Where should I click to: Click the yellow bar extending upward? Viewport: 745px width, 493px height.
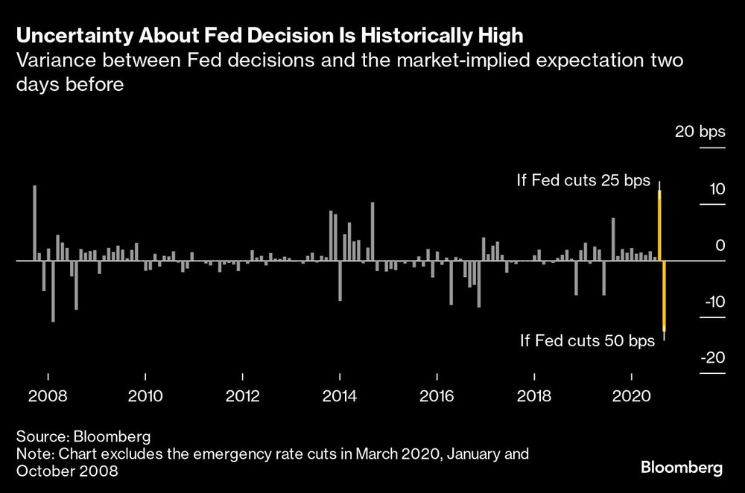coord(659,225)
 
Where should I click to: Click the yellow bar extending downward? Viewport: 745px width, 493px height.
coord(664,296)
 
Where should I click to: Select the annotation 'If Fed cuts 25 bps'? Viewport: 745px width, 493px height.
coord(583,181)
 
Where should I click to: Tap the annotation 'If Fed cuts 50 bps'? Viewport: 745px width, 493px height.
coord(587,341)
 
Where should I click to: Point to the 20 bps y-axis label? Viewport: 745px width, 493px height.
coord(700,133)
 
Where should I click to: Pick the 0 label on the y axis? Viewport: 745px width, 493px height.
coord(720,246)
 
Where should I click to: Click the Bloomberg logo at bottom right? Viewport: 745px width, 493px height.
coord(682,468)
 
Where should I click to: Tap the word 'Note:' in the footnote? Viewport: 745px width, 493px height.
coord(34,454)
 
